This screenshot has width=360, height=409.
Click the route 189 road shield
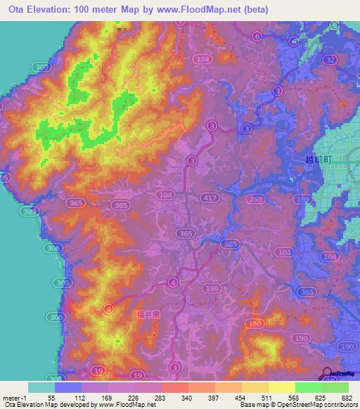click(304, 200)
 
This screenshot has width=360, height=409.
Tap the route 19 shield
click(99, 370)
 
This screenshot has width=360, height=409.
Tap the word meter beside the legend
click(11, 398)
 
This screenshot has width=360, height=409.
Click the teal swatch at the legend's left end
click(41, 387)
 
